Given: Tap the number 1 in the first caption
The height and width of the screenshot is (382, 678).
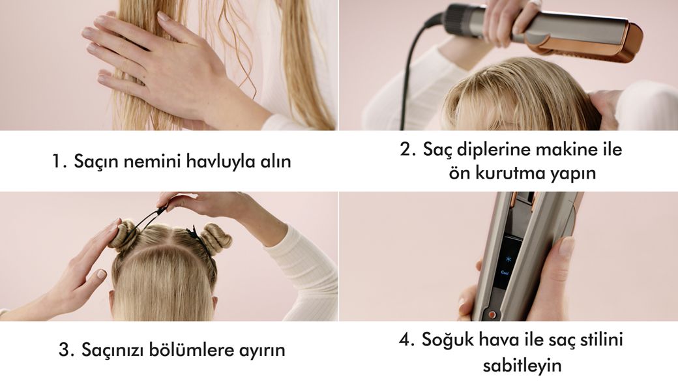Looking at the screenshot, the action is click(57, 162).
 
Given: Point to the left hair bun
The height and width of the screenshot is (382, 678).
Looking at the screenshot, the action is click(124, 235).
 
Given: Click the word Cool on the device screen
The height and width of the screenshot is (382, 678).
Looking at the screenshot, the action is click(505, 272).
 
